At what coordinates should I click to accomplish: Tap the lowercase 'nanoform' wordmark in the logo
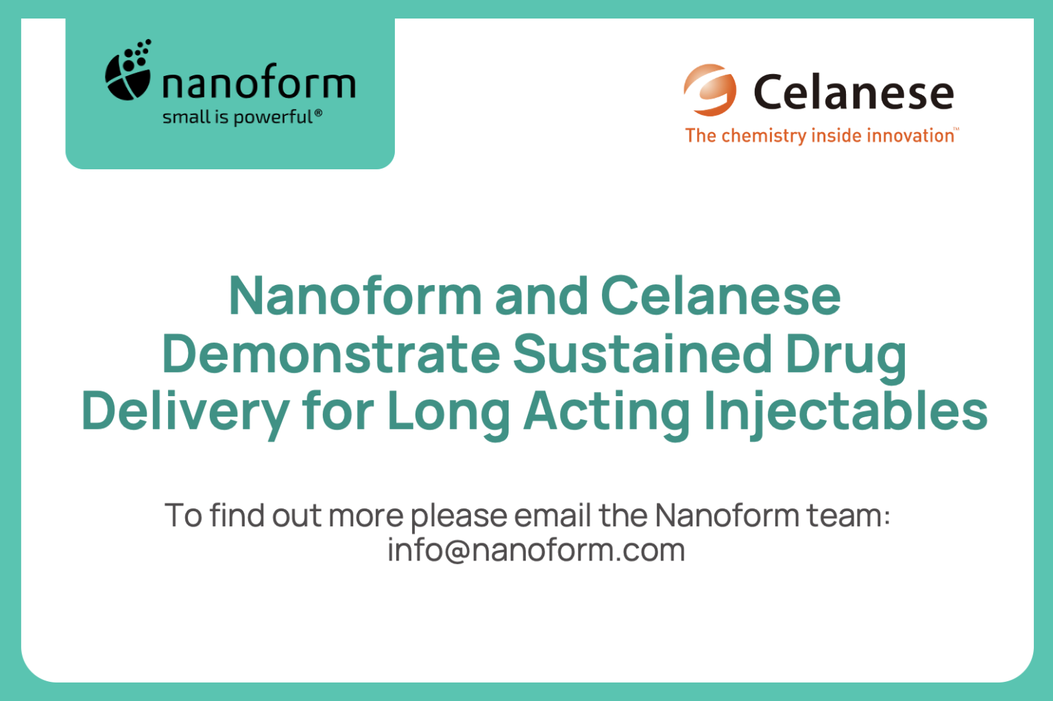[x=258, y=84]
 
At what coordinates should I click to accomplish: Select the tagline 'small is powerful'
[x=237, y=117]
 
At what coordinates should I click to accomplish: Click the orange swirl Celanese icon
[x=710, y=90]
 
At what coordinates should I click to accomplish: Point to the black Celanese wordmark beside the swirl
[x=854, y=93]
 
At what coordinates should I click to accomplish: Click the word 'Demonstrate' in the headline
[x=331, y=354]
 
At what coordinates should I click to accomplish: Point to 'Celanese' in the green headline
[x=721, y=296]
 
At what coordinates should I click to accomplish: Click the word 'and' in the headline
[x=541, y=296]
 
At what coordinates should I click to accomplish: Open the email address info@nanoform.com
[x=536, y=550]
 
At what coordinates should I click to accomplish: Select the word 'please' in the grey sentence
[x=458, y=516]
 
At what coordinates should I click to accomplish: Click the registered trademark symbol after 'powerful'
[x=318, y=112]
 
